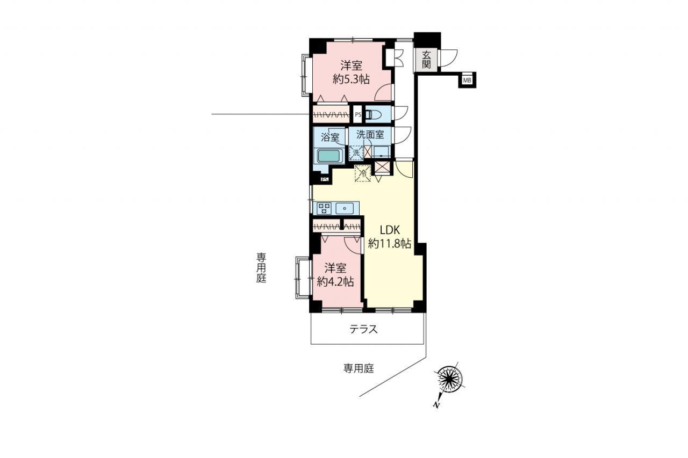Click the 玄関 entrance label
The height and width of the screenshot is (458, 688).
click(x=426, y=60)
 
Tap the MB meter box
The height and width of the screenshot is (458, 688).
click(x=467, y=81)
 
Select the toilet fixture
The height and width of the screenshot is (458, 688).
click(x=373, y=114)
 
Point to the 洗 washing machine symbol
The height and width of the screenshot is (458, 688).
click(x=356, y=152)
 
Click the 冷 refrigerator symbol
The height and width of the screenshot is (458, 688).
click(x=363, y=173)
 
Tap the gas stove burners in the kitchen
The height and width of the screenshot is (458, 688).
click(x=324, y=208)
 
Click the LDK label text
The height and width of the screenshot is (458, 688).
click(x=390, y=230)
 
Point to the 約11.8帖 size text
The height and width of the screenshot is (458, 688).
click(x=390, y=244)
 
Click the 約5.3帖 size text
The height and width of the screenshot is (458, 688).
click(x=351, y=79)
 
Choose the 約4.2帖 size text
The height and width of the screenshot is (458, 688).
click(x=335, y=281)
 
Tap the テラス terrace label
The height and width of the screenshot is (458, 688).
click(x=363, y=329)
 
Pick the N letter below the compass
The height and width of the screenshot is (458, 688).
click(x=436, y=405)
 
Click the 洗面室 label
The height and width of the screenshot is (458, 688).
click(x=370, y=134)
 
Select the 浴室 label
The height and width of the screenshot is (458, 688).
click(x=330, y=137)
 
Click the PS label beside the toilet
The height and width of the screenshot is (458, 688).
click(x=358, y=115)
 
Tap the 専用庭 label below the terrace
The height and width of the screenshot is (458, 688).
click(x=359, y=368)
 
